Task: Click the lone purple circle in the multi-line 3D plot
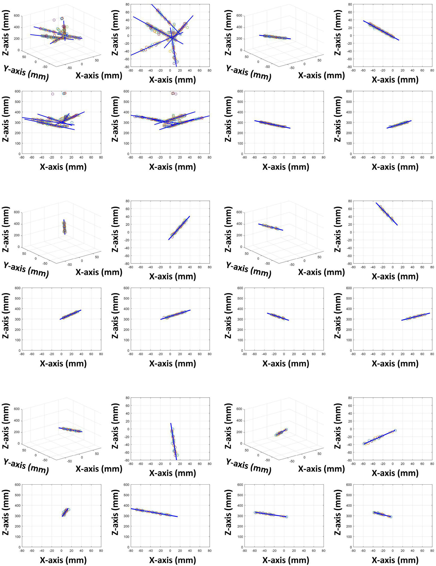(x=54, y=20)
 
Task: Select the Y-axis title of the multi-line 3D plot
(x=26, y=73)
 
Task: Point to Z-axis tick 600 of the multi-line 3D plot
(x=17, y=16)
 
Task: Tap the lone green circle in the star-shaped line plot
(x=187, y=27)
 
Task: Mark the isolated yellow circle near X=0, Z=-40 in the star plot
(x=170, y=51)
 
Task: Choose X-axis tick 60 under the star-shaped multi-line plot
(x=200, y=71)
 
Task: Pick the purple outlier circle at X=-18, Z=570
(x=53, y=94)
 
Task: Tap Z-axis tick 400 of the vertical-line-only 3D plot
(x=17, y=224)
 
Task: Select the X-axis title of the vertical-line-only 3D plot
(x=99, y=272)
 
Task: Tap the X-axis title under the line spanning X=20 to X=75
(x=395, y=363)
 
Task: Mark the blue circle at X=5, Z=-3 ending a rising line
(x=395, y=430)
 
